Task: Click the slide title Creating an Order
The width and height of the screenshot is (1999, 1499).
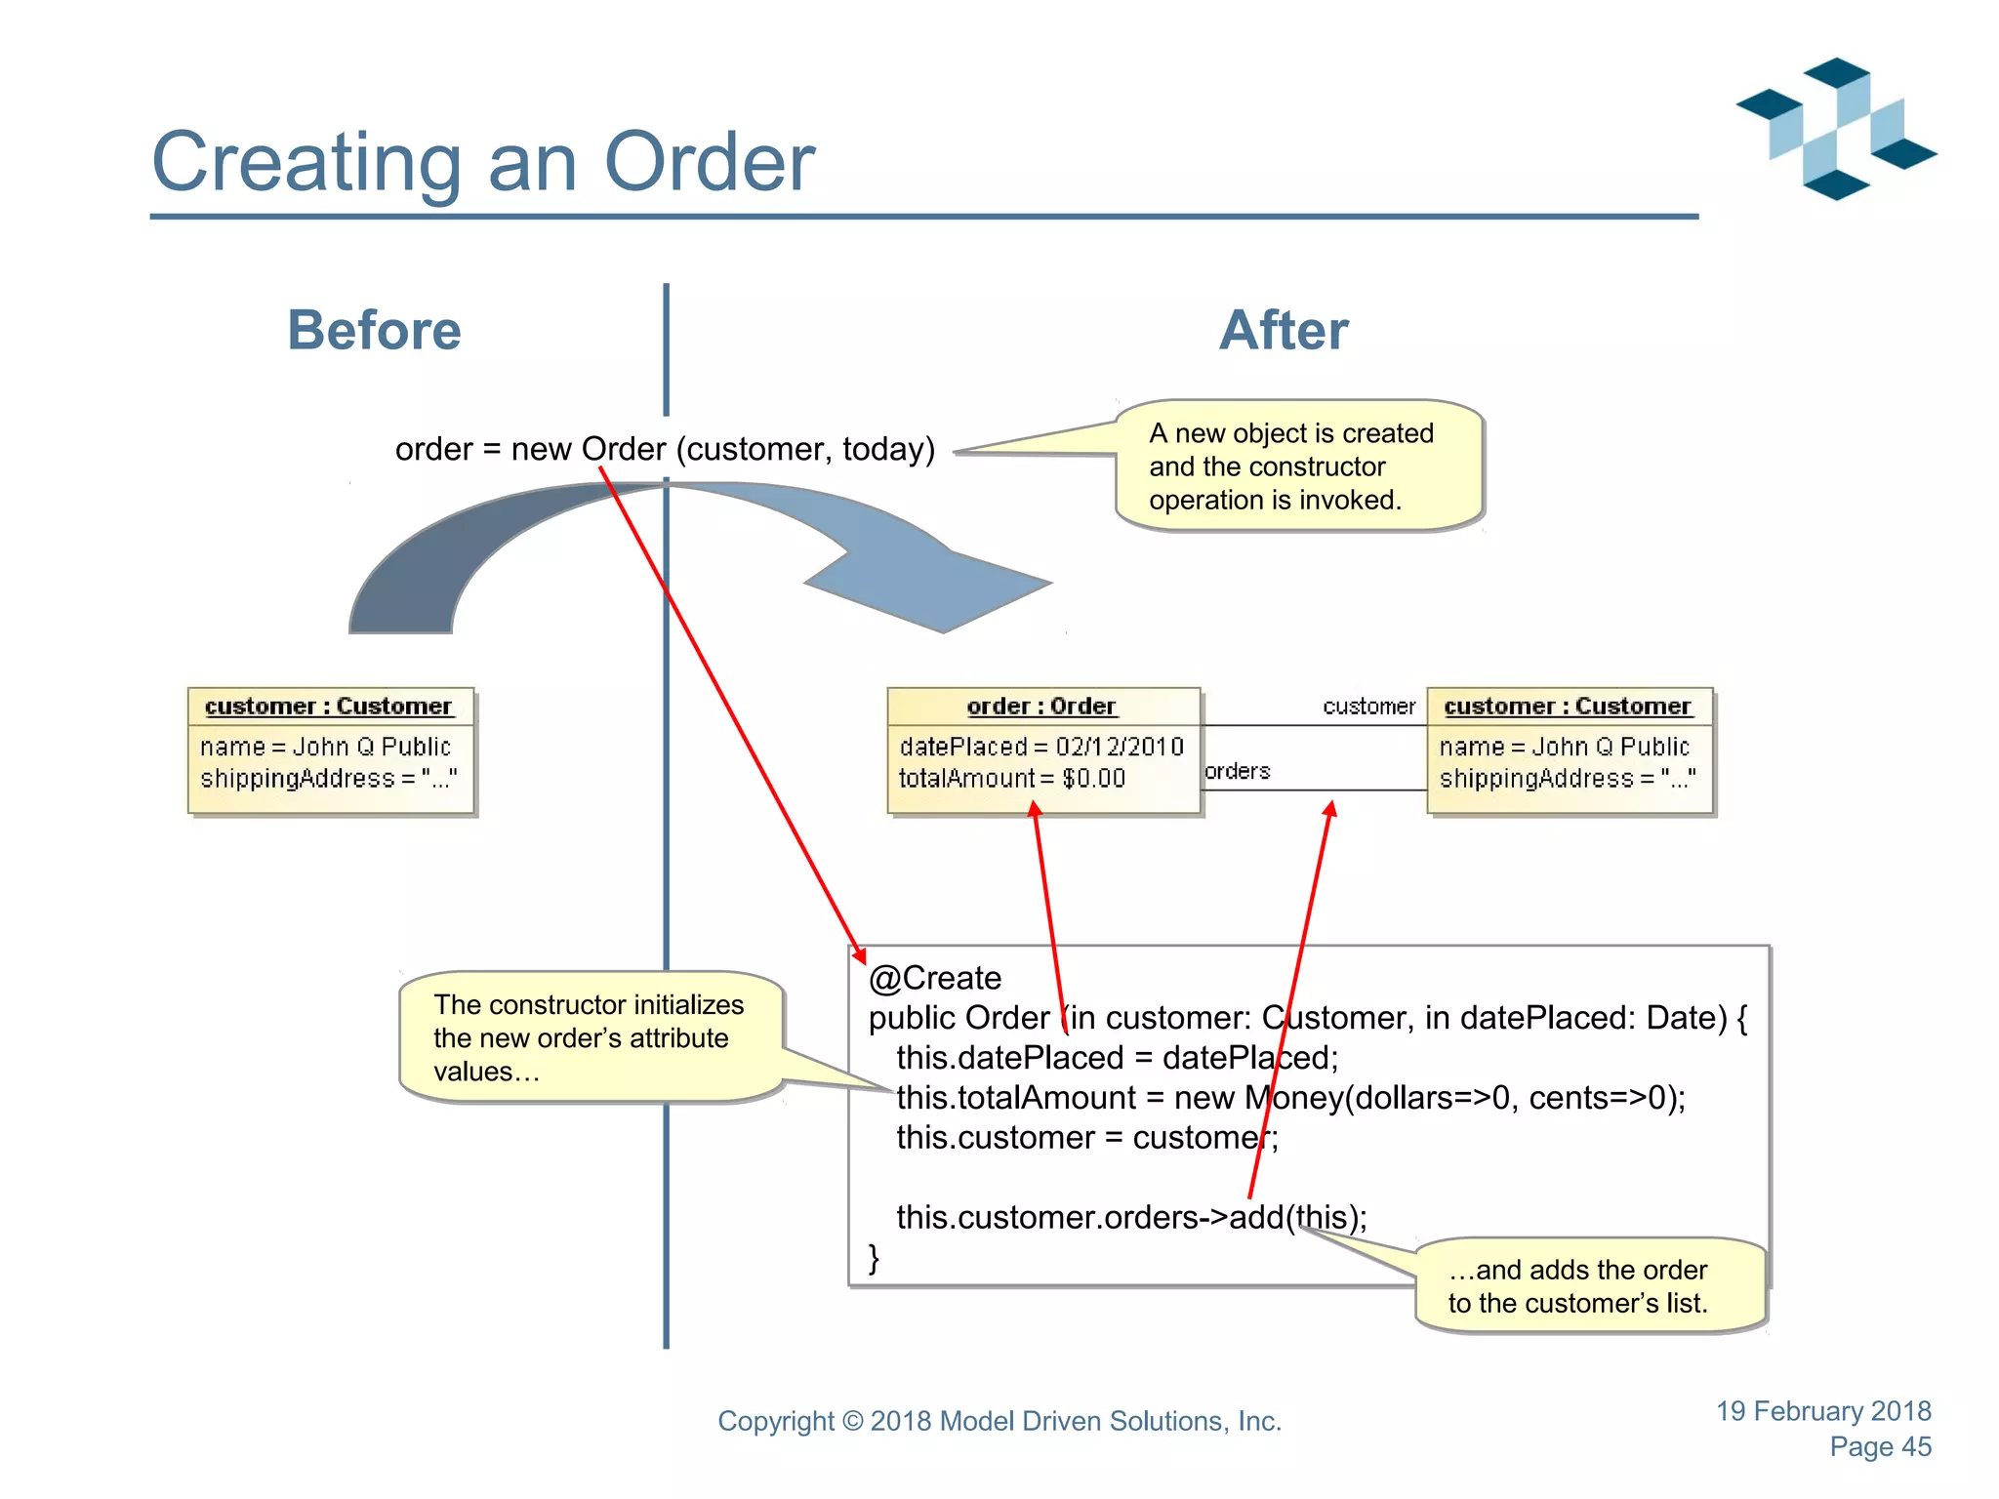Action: (483, 162)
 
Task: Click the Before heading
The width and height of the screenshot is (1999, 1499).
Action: (374, 330)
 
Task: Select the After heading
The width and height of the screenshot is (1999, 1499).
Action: (1284, 330)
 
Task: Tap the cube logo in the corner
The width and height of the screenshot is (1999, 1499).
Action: (1836, 129)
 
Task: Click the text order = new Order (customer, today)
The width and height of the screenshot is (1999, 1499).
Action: (665, 449)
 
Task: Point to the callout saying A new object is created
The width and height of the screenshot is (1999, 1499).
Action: (1298, 466)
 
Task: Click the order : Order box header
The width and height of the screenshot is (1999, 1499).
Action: (1041, 706)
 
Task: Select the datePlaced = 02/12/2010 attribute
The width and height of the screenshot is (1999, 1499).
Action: (1040, 747)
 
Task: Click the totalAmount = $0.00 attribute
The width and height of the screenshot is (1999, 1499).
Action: (1011, 779)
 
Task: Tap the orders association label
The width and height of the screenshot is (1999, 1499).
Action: (1237, 771)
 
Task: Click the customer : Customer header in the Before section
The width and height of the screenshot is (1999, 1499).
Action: (329, 706)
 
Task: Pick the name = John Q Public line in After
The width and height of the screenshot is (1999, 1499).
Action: (1564, 747)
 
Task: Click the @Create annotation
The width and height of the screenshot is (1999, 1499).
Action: (935, 978)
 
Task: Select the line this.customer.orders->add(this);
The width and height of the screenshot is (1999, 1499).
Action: (1131, 1217)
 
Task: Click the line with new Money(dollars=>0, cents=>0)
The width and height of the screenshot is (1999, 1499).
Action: (1290, 1098)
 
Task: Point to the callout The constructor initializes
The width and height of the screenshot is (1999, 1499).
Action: (589, 1037)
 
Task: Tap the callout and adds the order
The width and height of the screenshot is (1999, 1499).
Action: (1578, 1286)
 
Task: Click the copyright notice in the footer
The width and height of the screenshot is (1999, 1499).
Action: (999, 1421)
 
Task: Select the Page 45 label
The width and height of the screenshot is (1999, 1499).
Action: (1880, 1447)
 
